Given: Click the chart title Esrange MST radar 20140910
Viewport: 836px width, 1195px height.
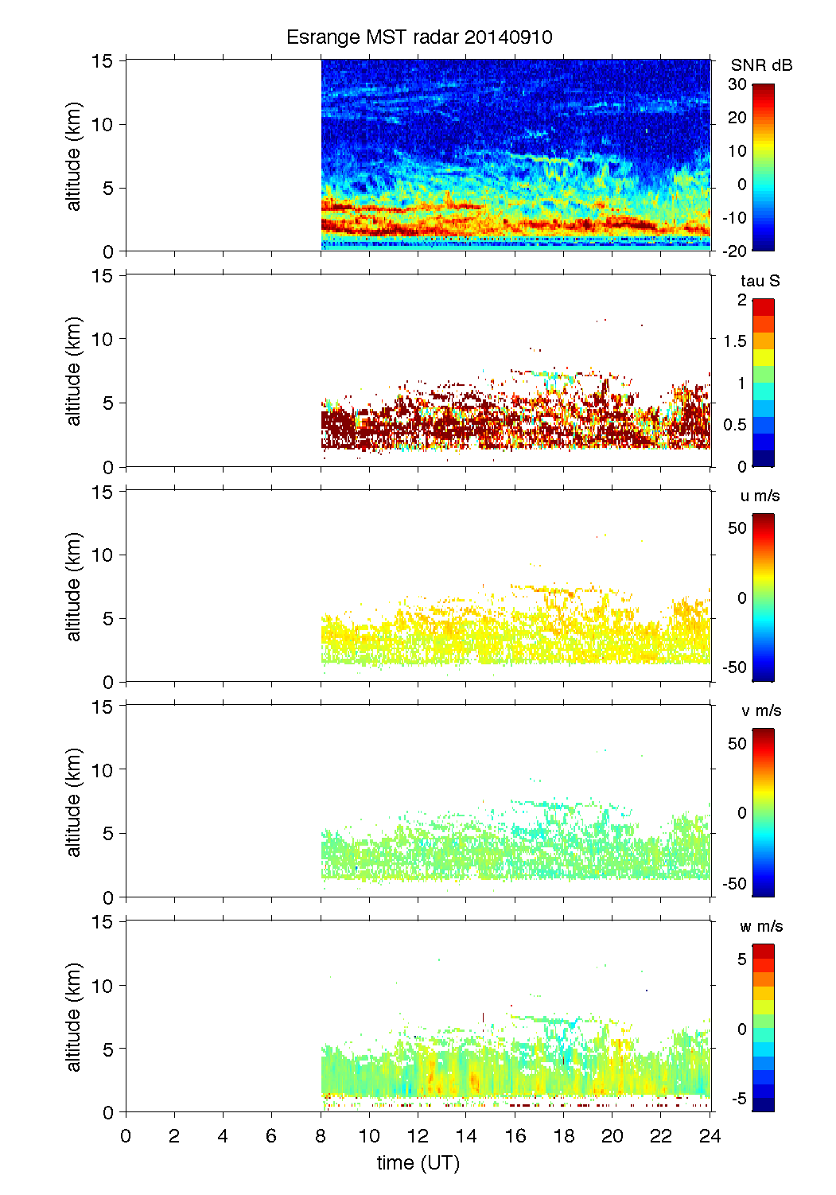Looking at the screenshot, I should (x=419, y=37).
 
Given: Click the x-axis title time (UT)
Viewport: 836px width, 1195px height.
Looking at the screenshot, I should (x=418, y=1162).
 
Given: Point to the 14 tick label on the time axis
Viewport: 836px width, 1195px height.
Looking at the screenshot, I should (x=466, y=1135).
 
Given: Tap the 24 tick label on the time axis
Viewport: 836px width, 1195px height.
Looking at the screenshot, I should (x=710, y=1135).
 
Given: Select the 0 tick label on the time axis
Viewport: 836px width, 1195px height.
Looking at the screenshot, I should (x=126, y=1135).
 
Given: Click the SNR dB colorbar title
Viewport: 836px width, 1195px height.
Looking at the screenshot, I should (x=761, y=65).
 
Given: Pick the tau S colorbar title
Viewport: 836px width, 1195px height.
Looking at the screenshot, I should (x=760, y=281).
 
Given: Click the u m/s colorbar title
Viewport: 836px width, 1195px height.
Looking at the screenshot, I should (x=760, y=496).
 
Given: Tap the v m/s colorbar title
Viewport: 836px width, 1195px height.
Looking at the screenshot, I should (x=760, y=710).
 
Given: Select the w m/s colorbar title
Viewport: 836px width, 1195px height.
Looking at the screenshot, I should (x=760, y=926).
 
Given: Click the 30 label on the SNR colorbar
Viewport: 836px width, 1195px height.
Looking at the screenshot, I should (x=737, y=84).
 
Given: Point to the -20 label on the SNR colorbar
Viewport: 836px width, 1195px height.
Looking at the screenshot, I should (x=734, y=251).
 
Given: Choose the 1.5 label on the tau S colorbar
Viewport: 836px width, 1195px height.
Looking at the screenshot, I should (x=734, y=341).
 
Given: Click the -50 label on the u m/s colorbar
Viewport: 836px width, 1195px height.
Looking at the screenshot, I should (x=734, y=668).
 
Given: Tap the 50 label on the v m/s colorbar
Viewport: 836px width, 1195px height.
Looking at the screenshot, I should (x=737, y=743).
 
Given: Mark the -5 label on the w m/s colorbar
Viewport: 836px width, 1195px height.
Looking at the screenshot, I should (x=738, y=1099).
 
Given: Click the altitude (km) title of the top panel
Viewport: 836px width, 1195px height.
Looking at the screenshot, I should (x=74, y=156).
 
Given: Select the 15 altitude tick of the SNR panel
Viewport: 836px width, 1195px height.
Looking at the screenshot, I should (x=103, y=60).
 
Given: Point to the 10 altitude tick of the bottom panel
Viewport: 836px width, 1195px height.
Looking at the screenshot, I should (x=103, y=985).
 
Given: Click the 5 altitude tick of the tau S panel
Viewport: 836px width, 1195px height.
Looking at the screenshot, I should (x=108, y=403).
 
